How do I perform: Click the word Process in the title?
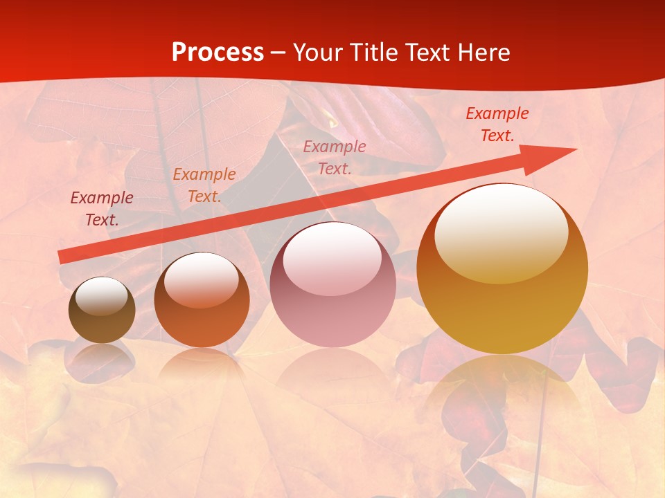[218, 53]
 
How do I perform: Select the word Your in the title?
[317, 53]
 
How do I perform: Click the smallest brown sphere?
[102, 311]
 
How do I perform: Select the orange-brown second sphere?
[202, 301]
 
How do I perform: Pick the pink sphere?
[332, 285]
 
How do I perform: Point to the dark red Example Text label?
[102, 208]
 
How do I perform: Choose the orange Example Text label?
[204, 185]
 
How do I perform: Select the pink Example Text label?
[335, 157]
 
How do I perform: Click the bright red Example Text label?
[497, 124]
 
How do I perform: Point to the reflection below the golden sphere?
[502, 394]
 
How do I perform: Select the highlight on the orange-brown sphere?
[201, 279]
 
